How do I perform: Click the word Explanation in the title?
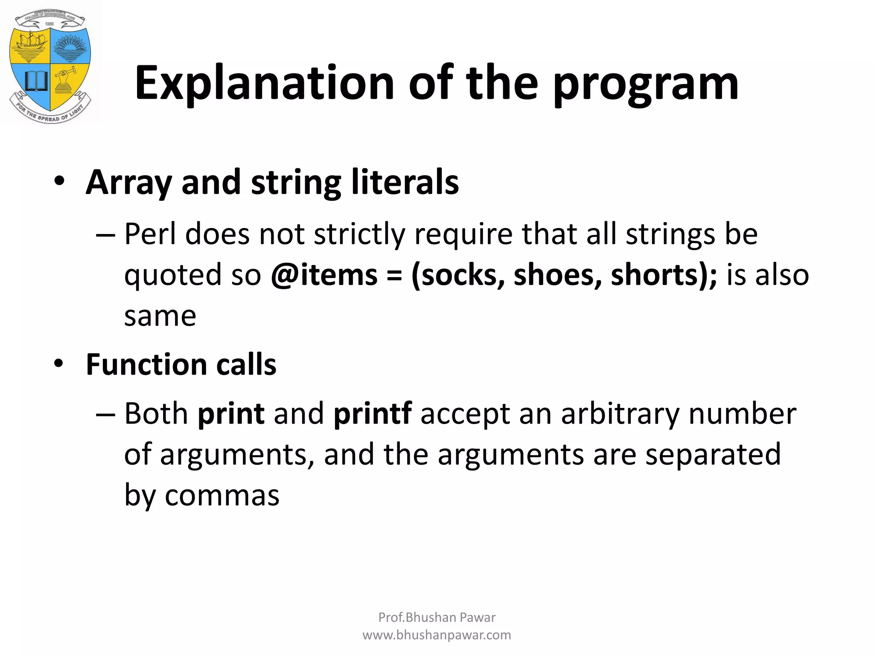pos(264,83)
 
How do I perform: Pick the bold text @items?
pos(324,275)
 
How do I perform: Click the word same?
pos(160,316)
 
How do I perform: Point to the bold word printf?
pos(372,414)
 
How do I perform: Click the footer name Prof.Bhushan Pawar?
pos(437,617)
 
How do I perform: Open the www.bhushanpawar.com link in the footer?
pos(437,635)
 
